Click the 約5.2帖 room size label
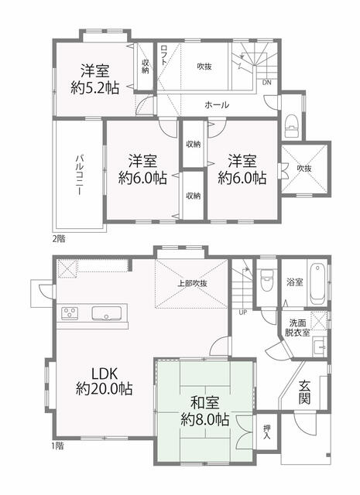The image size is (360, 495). pyautogui.click(x=94, y=87)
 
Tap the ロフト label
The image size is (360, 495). pyautogui.click(x=163, y=55)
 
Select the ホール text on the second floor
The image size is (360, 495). pyautogui.click(x=217, y=105)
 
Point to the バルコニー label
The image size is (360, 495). pyautogui.click(x=79, y=174)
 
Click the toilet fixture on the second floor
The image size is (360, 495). pyautogui.click(x=292, y=127)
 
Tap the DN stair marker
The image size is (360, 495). pyautogui.click(x=267, y=83)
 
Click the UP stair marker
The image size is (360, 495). pyautogui.click(x=243, y=312)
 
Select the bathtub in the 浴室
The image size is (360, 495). pyautogui.click(x=317, y=283)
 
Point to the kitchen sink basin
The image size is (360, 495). pyautogui.click(x=106, y=313)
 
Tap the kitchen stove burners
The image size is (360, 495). pyautogui.click(x=70, y=313)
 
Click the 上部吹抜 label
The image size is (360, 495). pyautogui.click(x=192, y=283)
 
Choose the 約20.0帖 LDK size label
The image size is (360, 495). pyautogui.click(x=104, y=388)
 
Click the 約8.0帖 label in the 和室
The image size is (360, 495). pyautogui.click(x=205, y=420)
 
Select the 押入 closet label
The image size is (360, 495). pyautogui.click(x=267, y=432)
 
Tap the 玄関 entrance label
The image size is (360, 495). pyautogui.click(x=305, y=392)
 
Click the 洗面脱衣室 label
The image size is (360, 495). pyautogui.click(x=297, y=328)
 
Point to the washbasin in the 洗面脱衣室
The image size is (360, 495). pyautogui.click(x=319, y=346)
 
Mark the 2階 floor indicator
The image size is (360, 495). pyautogui.click(x=59, y=239)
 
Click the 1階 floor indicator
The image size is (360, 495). pyautogui.click(x=57, y=446)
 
